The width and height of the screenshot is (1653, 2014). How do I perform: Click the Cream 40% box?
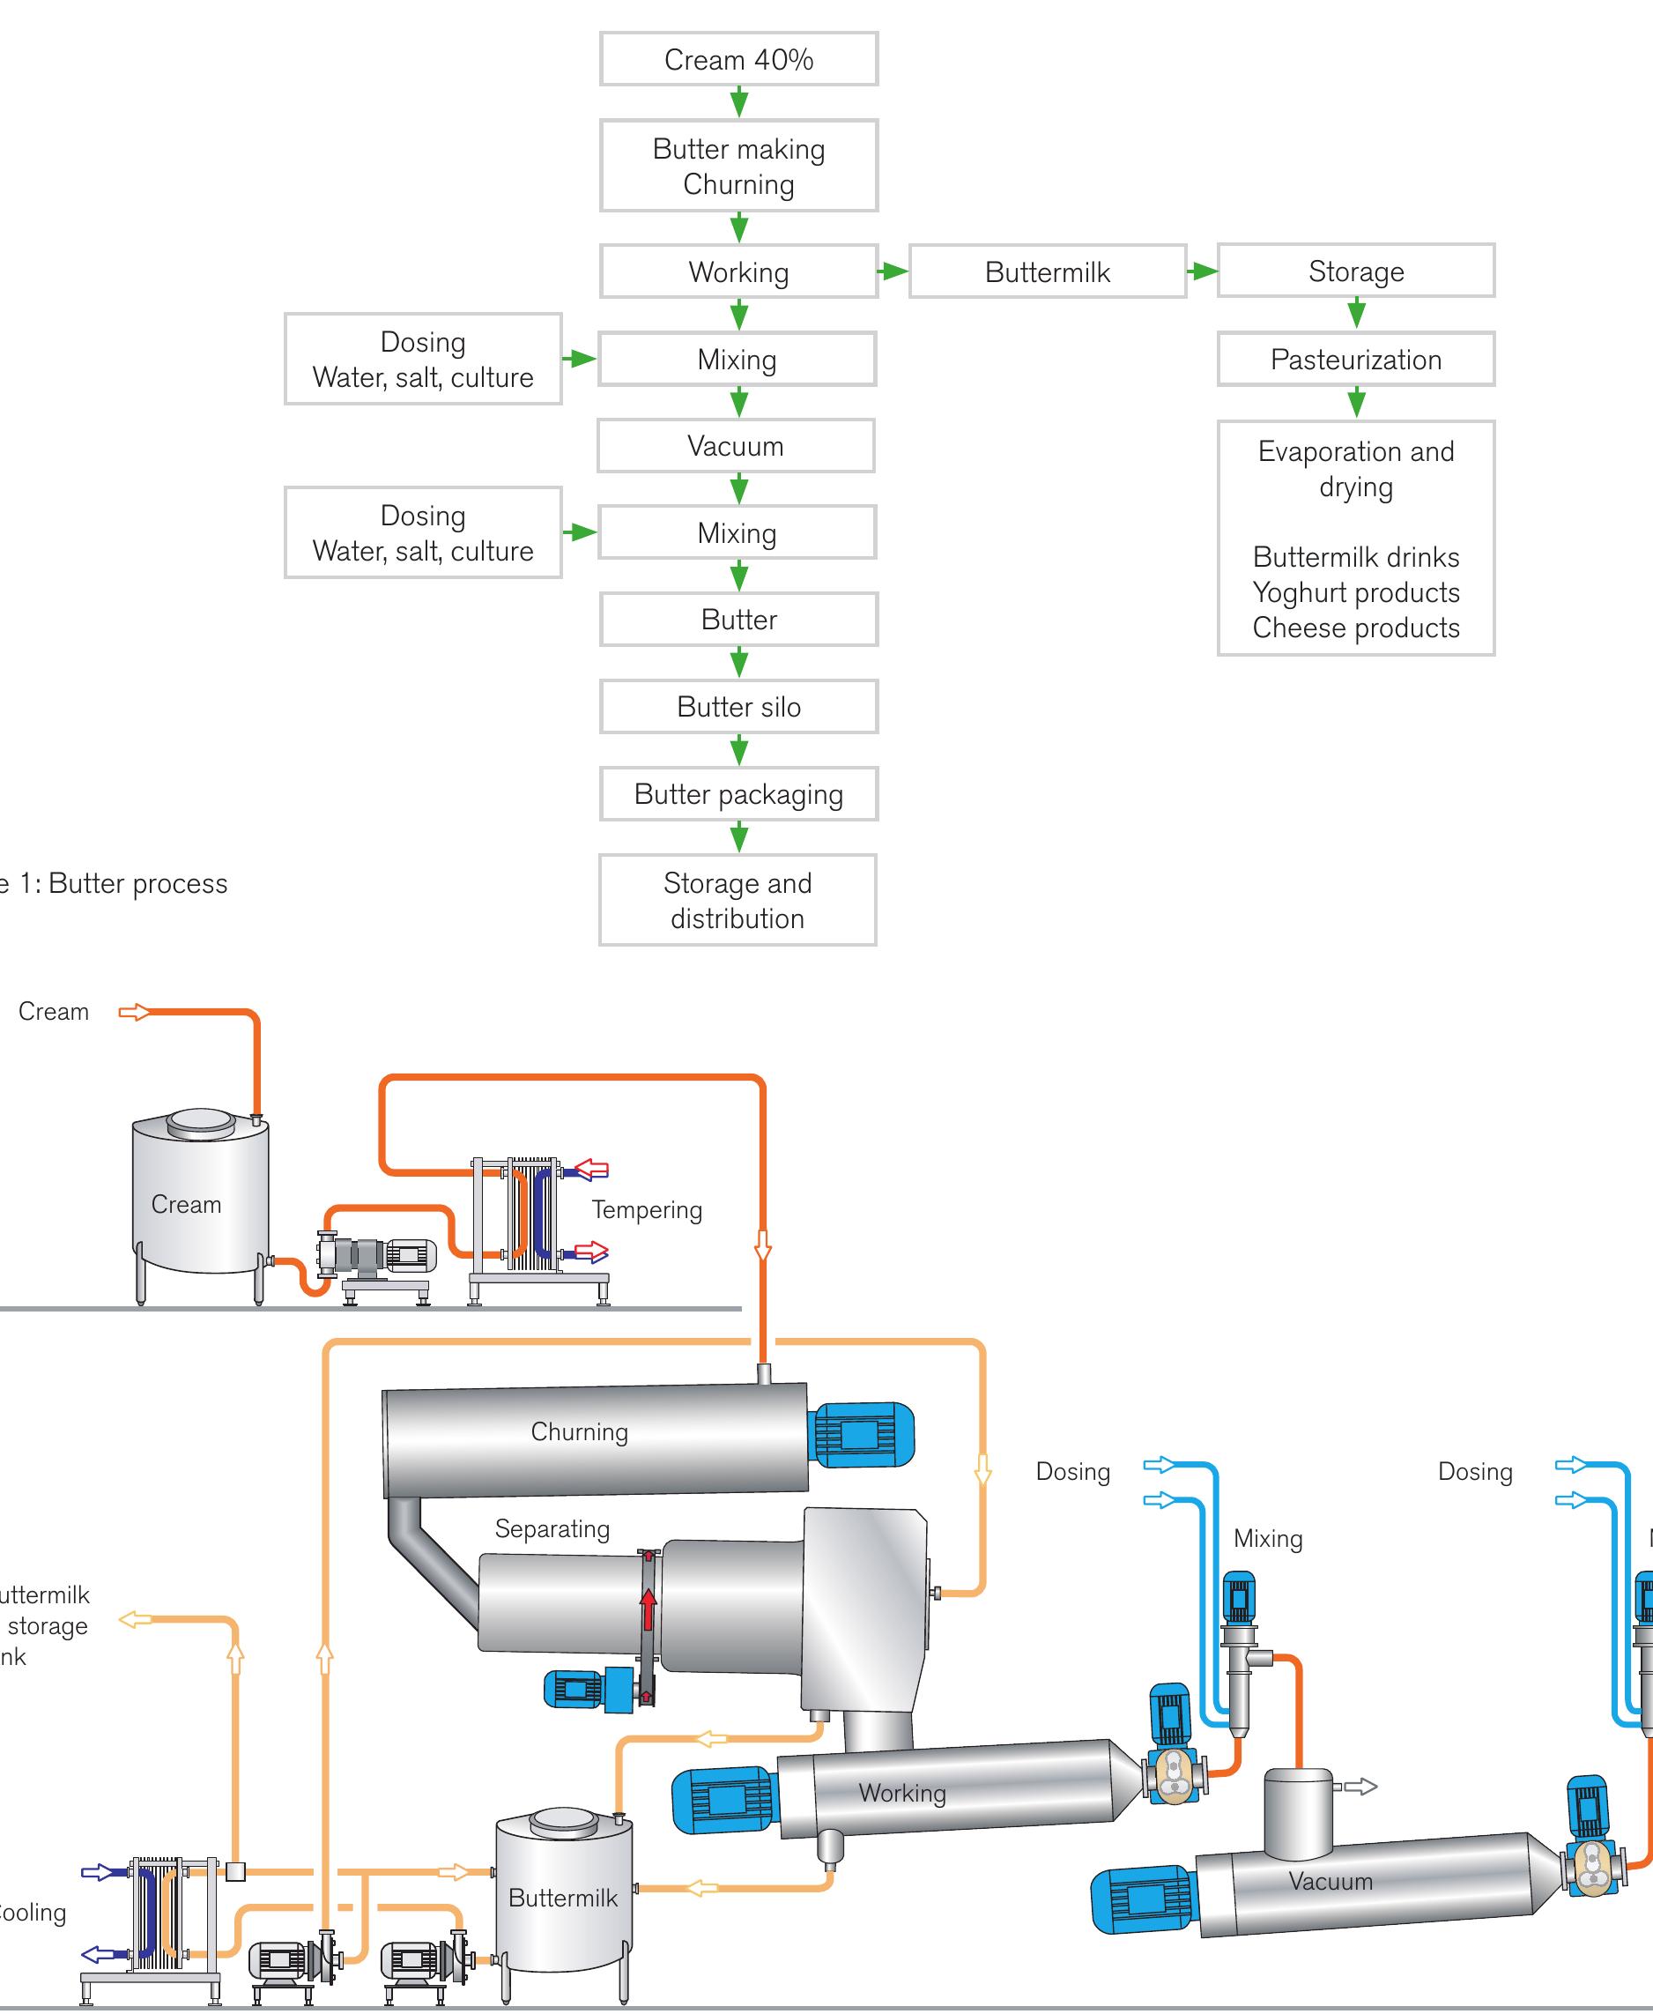738,59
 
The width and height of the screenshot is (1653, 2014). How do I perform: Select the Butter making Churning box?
738,166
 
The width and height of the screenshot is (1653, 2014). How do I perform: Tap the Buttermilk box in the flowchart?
1047,271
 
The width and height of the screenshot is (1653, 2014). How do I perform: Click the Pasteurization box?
1355,359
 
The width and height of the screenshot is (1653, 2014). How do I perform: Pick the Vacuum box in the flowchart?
735,446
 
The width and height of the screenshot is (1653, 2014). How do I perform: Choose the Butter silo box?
738,707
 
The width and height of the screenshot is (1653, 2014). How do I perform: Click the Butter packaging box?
738,794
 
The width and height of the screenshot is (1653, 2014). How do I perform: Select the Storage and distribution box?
737,900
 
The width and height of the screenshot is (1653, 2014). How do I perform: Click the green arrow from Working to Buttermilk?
893,271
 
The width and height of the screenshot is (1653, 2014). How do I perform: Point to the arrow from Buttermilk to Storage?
1202,271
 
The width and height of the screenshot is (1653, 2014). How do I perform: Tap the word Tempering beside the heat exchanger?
647,1209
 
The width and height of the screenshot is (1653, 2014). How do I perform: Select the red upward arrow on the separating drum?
649,1609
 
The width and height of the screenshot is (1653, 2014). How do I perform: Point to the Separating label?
552,1528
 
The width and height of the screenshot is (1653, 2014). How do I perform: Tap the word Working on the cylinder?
901,1792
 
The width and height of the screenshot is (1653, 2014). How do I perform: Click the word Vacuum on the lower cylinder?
1331,1881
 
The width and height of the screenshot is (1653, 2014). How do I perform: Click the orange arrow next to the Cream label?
134,1011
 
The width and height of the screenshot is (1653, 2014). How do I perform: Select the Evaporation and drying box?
1355,538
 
